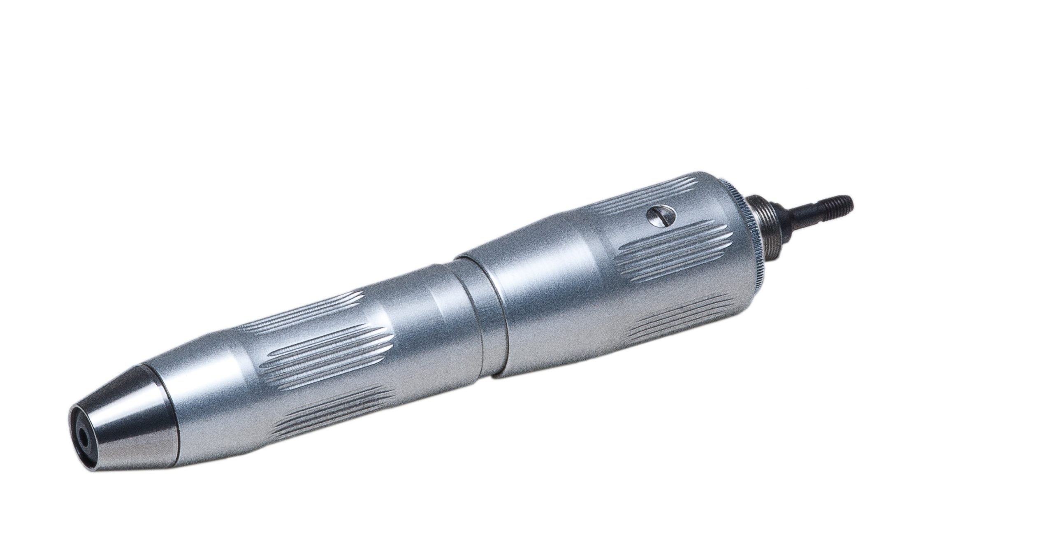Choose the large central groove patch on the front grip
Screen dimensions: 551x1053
click(329, 354)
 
